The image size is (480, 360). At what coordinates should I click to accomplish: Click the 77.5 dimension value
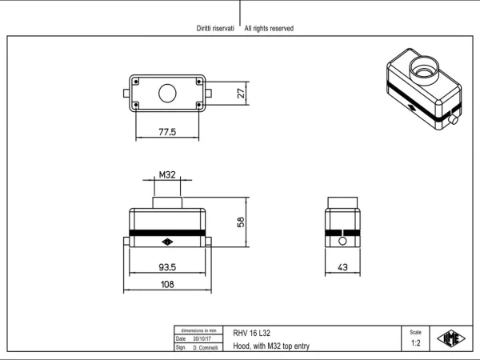click(x=167, y=132)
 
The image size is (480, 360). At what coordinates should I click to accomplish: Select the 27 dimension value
click(x=242, y=93)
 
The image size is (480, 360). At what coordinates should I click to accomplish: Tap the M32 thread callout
click(x=167, y=174)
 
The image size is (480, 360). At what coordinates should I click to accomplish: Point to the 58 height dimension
click(x=241, y=222)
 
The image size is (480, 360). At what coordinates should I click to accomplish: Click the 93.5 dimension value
click(x=167, y=267)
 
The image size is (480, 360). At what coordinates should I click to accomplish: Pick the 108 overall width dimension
click(x=167, y=284)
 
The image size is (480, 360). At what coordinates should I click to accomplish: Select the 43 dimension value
click(x=342, y=267)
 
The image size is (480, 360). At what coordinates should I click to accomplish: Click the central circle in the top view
click(x=167, y=94)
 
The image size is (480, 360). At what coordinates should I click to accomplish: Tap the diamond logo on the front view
click(x=167, y=242)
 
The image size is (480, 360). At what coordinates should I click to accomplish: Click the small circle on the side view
click(x=342, y=242)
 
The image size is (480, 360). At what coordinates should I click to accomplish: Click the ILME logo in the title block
click(x=451, y=338)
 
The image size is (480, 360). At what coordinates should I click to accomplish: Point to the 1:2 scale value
click(x=415, y=343)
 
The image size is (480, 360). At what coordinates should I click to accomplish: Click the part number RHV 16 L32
click(x=252, y=333)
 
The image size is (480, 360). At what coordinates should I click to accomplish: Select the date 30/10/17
click(x=202, y=339)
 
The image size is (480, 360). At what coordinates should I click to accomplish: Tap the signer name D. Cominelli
click(x=206, y=348)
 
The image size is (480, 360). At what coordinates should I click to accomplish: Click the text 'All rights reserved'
click(x=269, y=29)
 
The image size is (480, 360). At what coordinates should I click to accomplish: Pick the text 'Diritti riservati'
click(x=215, y=29)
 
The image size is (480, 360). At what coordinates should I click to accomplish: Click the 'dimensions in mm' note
click(x=198, y=330)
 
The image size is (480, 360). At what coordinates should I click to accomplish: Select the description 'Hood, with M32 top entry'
click(x=271, y=346)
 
